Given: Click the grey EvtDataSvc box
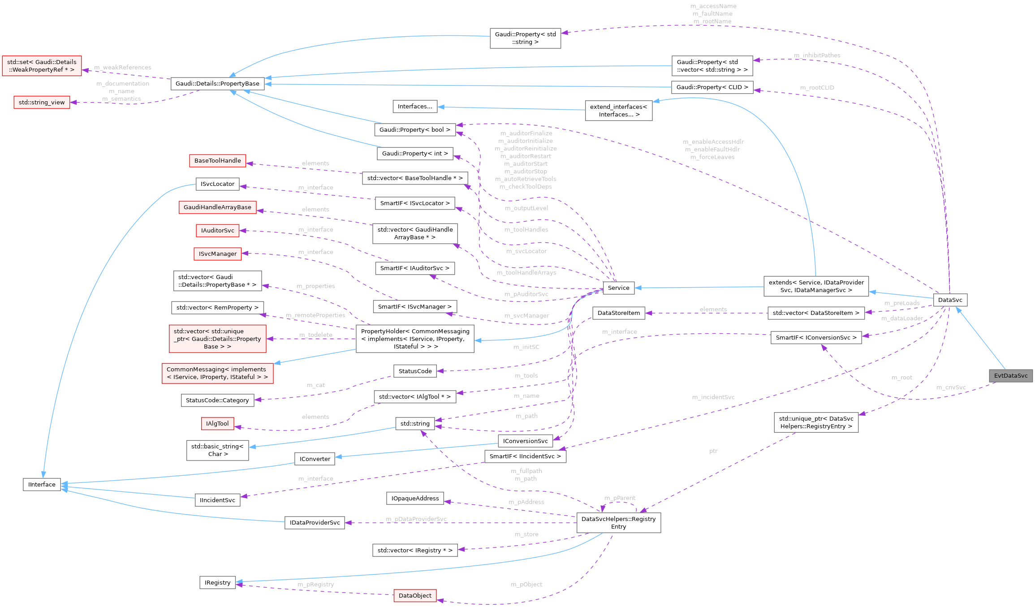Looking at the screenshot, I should pyautogui.click(x=1011, y=375).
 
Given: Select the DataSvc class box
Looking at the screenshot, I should pyautogui.click(x=950, y=300).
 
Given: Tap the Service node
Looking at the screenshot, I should pyautogui.click(x=618, y=288).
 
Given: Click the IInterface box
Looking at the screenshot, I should pyautogui.click(x=42, y=484).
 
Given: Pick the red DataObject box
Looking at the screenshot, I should pyautogui.click(x=415, y=595).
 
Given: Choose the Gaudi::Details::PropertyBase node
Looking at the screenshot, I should pyautogui.click(x=217, y=83).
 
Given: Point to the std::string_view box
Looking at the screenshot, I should pyautogui.click(x=42, y=102).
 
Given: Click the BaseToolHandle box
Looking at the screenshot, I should pyautogui.click(x=217, y=160).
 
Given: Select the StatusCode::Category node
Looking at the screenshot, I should pyautogui.click(x=217, y=400).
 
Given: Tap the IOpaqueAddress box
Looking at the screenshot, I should pyautogui.click(x=415, y=498).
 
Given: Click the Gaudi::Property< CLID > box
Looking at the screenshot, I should pyautogui.click(x=712, y=87).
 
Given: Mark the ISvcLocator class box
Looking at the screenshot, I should pyautogui.click(x=217, y=184).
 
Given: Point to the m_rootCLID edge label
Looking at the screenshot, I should pyautogui.click(x=817, y=87).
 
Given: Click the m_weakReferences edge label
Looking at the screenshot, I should pyautogui.click(x=123, y=67).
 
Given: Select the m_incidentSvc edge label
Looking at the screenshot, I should pyautogui.click(x=713, y=397).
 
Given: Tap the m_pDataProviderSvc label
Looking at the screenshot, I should pyautogui.click(x=416, y=519).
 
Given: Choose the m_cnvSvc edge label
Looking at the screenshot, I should pyautogui.click(x=951, y=387).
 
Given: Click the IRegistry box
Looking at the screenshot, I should pyautogui.click(x=217, y=582).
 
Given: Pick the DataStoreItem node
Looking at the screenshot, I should pyautogui.click(x=618, y=313).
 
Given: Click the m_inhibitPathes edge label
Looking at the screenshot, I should pyautogui.click(x=817, y=55).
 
